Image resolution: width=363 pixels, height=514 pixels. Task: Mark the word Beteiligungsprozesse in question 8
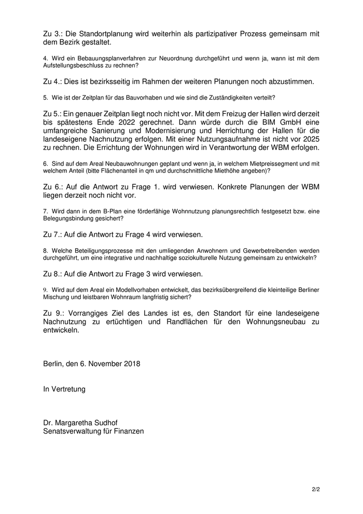(x=103, y=251)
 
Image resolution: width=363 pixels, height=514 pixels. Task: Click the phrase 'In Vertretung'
(x=64, y=388)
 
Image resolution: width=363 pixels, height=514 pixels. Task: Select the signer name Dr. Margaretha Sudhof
(x=83, y=422)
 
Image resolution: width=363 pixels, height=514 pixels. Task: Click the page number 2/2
(x=315, y=489)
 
